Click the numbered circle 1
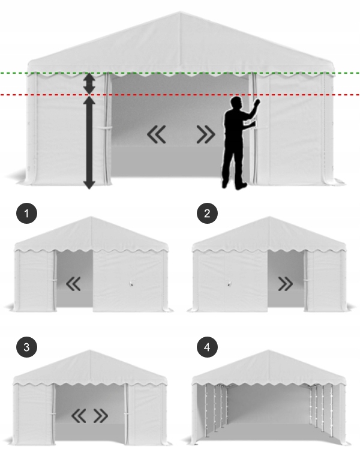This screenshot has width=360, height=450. click(x=26, y=214)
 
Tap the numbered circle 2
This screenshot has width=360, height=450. click(x=206, y=214)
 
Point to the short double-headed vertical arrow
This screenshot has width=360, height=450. click(x=89, y=83)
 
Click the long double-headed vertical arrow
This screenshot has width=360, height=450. click(x=89, y=142)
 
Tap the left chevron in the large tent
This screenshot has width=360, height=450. click(x=156, y=136)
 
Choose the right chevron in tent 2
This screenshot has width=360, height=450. click(x=286, y=283)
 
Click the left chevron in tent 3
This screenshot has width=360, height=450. click(x=79, y=415)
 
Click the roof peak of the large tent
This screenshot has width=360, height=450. click(x=180, y=12)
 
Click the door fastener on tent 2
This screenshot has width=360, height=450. click(x=229, y=284)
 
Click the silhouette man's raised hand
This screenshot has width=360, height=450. click(x=258, y=103)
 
